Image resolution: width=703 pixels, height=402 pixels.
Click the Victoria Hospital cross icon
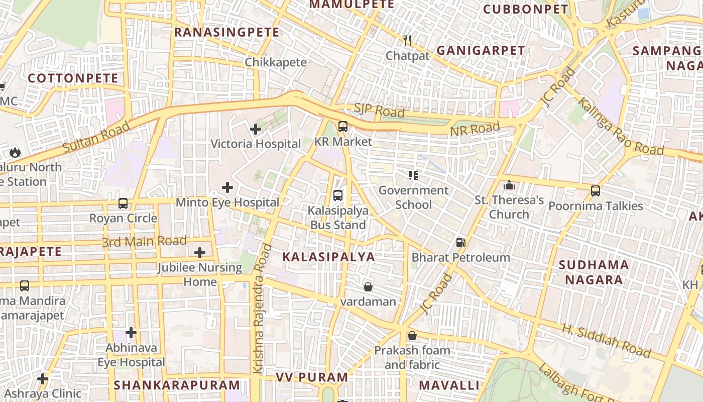256,129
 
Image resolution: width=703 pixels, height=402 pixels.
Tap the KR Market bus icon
343,127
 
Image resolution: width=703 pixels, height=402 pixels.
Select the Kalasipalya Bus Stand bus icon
338,195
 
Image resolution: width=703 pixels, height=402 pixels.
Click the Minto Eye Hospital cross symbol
227,187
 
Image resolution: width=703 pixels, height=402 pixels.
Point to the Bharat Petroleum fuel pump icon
460,243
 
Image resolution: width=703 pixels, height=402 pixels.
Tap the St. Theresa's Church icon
509,185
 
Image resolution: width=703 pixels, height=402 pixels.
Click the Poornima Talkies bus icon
596,191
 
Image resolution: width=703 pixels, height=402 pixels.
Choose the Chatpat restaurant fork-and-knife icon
407,41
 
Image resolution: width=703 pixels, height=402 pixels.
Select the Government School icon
413,175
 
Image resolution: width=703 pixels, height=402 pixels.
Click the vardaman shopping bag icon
368,287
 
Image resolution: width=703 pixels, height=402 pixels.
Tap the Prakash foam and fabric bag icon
412,335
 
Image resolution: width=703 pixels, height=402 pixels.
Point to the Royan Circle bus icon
123,204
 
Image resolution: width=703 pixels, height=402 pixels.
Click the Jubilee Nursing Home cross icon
200,252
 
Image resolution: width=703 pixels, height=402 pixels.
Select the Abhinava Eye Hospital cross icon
131,333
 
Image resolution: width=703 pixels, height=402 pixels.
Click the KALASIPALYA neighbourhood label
328,257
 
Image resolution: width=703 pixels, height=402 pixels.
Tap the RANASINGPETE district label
226,33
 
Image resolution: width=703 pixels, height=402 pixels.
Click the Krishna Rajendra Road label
263,309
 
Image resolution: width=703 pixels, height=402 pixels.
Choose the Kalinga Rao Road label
620,126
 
